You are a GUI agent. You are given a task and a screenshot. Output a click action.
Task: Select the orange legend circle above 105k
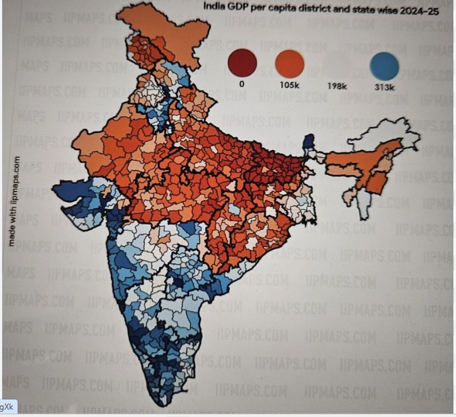tap(290, 64)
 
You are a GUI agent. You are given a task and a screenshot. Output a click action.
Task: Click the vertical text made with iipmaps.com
tap(13, 201)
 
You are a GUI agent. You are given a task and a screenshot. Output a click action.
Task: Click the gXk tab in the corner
tap(7, 406)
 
